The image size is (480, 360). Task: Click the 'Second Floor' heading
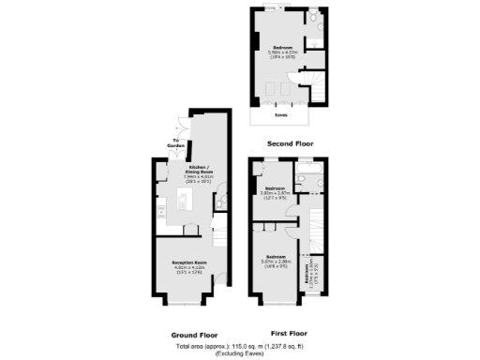(x=290, y=143)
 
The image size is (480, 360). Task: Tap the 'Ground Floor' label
(x=195, y=335)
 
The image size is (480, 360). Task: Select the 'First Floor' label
(x=290, y=333)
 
